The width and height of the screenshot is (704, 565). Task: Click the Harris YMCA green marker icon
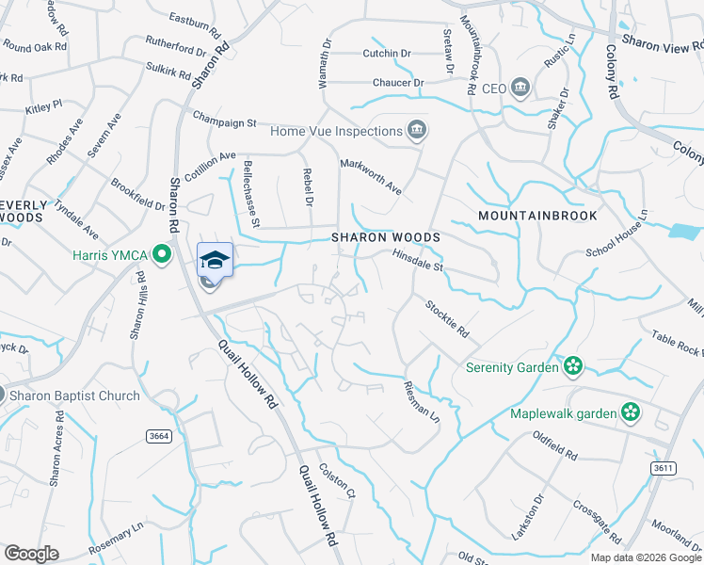(162, 253)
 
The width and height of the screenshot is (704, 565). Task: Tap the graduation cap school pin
(215, 259)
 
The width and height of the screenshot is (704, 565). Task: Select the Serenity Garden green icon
(571, 365)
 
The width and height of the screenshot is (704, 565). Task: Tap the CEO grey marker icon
(521, 89)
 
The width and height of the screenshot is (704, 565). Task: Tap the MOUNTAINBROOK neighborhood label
(537, 216)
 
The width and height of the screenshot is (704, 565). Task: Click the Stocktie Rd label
(446, 317)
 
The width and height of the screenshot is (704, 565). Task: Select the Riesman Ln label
(421, 399)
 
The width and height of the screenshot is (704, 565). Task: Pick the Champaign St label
(225, 122)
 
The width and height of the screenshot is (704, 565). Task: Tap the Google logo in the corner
(31, 554)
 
